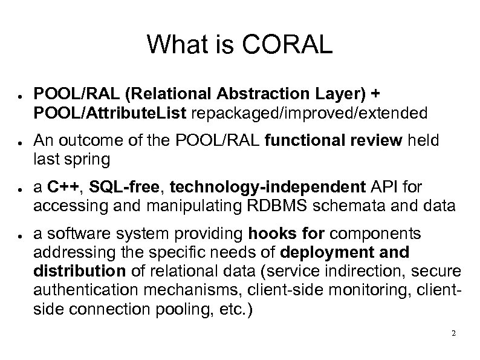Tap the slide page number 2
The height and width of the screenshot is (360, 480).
coord(453,334)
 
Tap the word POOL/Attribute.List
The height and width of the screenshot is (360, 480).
coord(99,113)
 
